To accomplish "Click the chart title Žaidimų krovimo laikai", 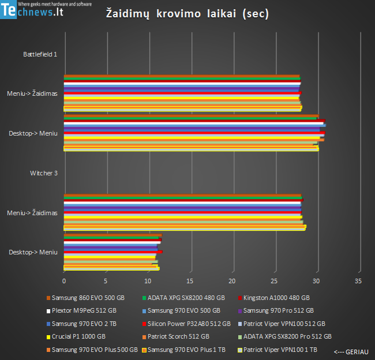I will pos(187,14).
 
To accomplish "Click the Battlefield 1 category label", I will pos(40,54).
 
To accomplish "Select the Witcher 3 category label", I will pos(44,173).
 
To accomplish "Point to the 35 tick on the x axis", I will pos(358,281).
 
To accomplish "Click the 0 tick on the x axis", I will pos(64,281).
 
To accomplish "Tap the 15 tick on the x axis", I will pos(190,281).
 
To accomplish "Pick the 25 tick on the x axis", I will pos(274,281).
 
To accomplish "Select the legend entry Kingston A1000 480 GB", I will pos(276,298).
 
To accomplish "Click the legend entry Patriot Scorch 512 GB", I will pos(178,336).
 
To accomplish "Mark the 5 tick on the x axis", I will pos(106,281).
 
